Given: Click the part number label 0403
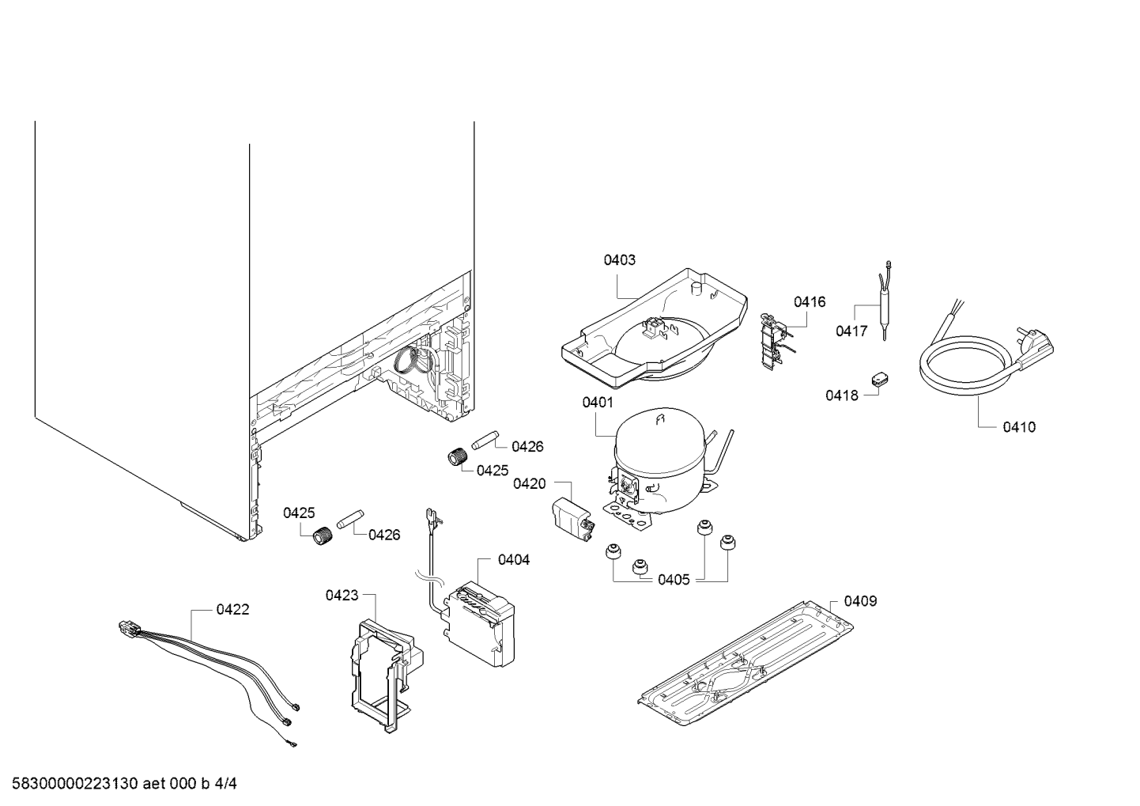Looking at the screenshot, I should pyautogui.click(x=619, y=259).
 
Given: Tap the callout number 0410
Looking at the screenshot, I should pyautogui.click(x=1018, y=427).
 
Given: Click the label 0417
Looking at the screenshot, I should pyautogui.click(x=851, y=331).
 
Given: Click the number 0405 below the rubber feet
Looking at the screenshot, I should pyautogui.click(x=674, y=580).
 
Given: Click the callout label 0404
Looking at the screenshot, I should pyautogui.click(x=514, y=560).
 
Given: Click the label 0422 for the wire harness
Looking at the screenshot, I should pyautogui.click(x=232, y=609).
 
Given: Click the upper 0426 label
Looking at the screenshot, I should pyautogui.click(x=527, y=446).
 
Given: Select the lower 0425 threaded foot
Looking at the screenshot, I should pyautogui.click(x=320, y=536).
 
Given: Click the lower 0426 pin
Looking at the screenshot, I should pyautogui.click(x=349, y=523).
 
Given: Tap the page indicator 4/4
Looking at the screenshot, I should pyautogui.click(x=226, y=784).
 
